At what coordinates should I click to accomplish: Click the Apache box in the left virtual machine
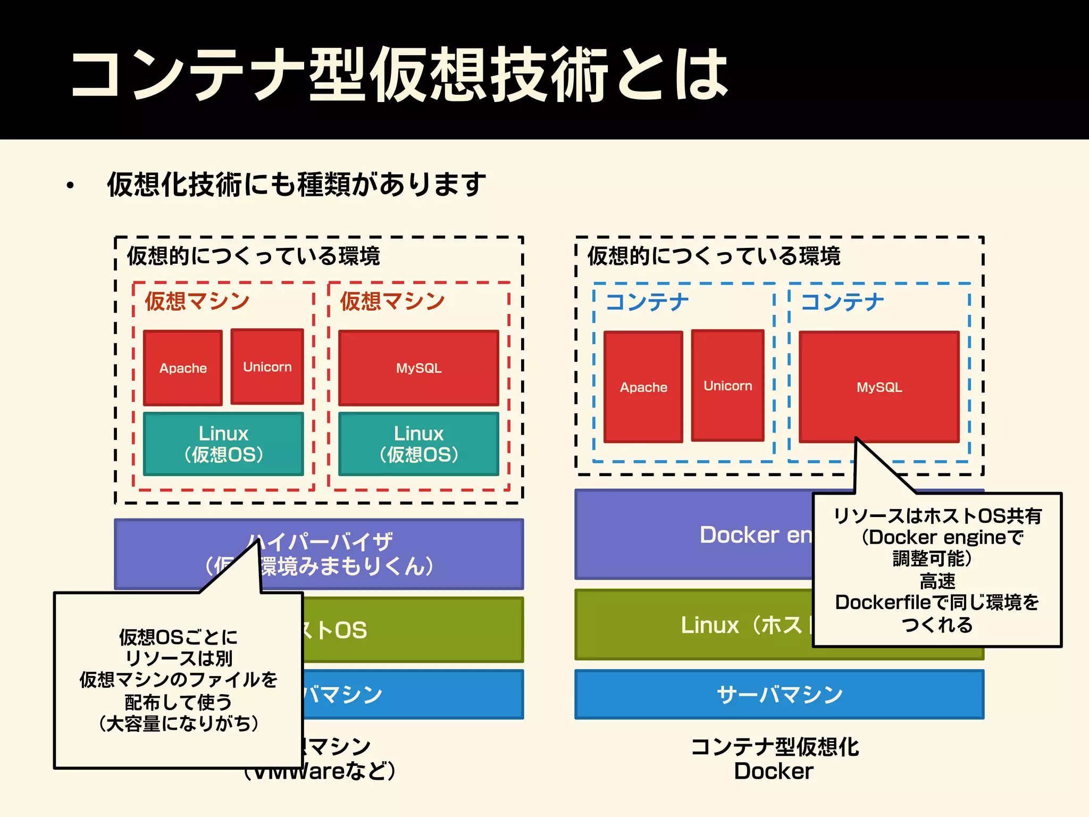point(183,368)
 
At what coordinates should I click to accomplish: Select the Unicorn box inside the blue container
point(727,386)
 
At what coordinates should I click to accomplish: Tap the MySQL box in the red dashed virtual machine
point(418,368)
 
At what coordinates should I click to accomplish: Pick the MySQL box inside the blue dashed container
point(879,387)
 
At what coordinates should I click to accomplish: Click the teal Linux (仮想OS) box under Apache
point(223,444)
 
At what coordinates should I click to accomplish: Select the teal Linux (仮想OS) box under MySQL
point(418,444)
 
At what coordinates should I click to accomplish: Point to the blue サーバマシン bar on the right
point(780,694)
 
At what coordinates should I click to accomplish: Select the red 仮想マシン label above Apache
point(197,301)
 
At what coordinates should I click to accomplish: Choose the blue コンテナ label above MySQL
point(842,302)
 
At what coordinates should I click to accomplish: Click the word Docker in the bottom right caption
point(774,771)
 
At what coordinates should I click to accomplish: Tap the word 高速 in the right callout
point(937,581)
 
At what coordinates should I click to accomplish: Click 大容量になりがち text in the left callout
point(179,723)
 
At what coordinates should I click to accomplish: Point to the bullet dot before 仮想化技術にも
point(70,186)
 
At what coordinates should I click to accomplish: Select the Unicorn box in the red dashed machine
point(267,367)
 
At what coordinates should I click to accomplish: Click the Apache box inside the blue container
point(643,387)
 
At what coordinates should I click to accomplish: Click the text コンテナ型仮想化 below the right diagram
point(774,747)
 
